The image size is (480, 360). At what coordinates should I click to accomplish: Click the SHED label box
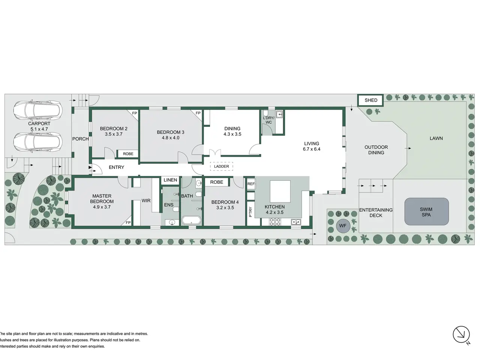click(x=370, y=100)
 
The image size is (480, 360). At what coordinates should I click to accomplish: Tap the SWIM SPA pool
click(x=426, y=211)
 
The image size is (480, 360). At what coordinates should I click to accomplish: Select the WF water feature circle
click(x=343, y=226)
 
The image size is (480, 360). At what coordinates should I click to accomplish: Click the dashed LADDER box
click(x=221, y=166)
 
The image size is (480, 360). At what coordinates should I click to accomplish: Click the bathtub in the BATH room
click(x=191, y=220)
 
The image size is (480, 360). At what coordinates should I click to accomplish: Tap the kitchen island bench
click(x=280, y=191)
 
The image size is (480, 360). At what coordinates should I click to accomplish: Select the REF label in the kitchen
click(x=251, y=184)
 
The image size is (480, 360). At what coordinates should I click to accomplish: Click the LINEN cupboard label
click(x=170, y=180)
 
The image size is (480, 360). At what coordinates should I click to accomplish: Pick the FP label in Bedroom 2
click(x=135, y=113)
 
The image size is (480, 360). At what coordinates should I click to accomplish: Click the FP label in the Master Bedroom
click(x=128, y=222)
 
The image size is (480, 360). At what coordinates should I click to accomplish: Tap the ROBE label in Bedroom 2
click(x=128, y=154)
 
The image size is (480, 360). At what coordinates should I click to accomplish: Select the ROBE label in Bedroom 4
click(x=217, y=182)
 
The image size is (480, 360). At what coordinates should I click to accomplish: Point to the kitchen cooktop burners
click(x=275, y=222)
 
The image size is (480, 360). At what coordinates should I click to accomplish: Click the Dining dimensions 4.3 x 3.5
click(x=232, y=134)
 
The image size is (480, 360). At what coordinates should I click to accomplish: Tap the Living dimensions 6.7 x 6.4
click(x=312, y=149)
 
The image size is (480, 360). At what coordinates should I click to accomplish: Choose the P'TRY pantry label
click(x=250, y=212)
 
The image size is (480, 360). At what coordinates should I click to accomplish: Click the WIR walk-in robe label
click(x=146, y=201)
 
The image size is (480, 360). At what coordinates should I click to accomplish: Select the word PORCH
click(x=81, y=139)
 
